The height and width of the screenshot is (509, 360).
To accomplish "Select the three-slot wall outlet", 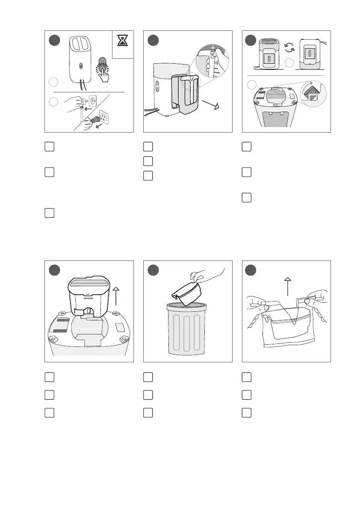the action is [104, 116].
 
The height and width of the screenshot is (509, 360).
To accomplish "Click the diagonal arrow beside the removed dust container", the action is [210, 105].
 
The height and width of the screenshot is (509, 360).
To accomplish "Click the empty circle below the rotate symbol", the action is [290, 64].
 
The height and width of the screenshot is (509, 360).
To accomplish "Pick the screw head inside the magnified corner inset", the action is [313, 92].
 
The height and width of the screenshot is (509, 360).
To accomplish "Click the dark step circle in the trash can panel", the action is [153, 271].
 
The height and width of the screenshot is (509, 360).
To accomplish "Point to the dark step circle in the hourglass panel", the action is [54, 41].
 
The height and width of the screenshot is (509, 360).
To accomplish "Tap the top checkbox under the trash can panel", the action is [148, 377].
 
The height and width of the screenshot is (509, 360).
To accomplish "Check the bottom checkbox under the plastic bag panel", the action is [246, 412].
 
